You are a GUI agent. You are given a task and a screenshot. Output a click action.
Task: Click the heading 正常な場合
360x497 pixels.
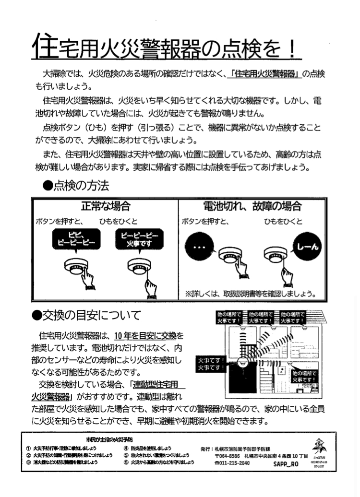click(x=106, y=207)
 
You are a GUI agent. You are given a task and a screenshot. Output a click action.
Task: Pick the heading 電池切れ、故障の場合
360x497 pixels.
click(x=252, y=207)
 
